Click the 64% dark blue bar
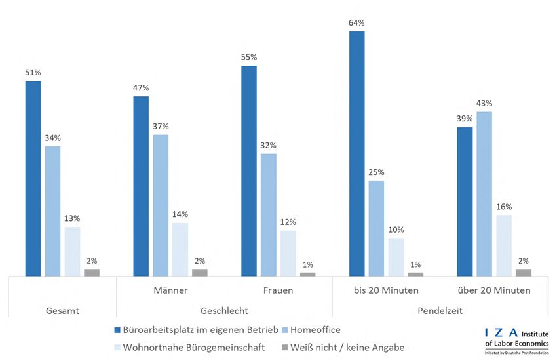tap(356, 153)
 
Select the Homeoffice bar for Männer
tap(161, 205)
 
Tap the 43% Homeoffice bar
tap(484, 194)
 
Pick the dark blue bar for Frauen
tap(249, 170)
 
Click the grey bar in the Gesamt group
tap(92, 272)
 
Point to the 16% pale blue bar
tap(504, 245)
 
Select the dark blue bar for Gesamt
tap(33, 178)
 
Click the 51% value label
tap(33, 73)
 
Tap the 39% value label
tap(465, 119)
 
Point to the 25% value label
tap(376, 172)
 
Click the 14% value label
tap(180, 214)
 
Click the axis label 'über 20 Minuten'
tap(494, 290)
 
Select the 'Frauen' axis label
tap(278, 290)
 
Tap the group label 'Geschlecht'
tap(225, 310)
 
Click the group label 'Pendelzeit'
tap(440, 310)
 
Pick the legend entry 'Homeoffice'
tap(313, 330)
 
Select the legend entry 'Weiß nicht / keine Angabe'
tap(343, 348)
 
